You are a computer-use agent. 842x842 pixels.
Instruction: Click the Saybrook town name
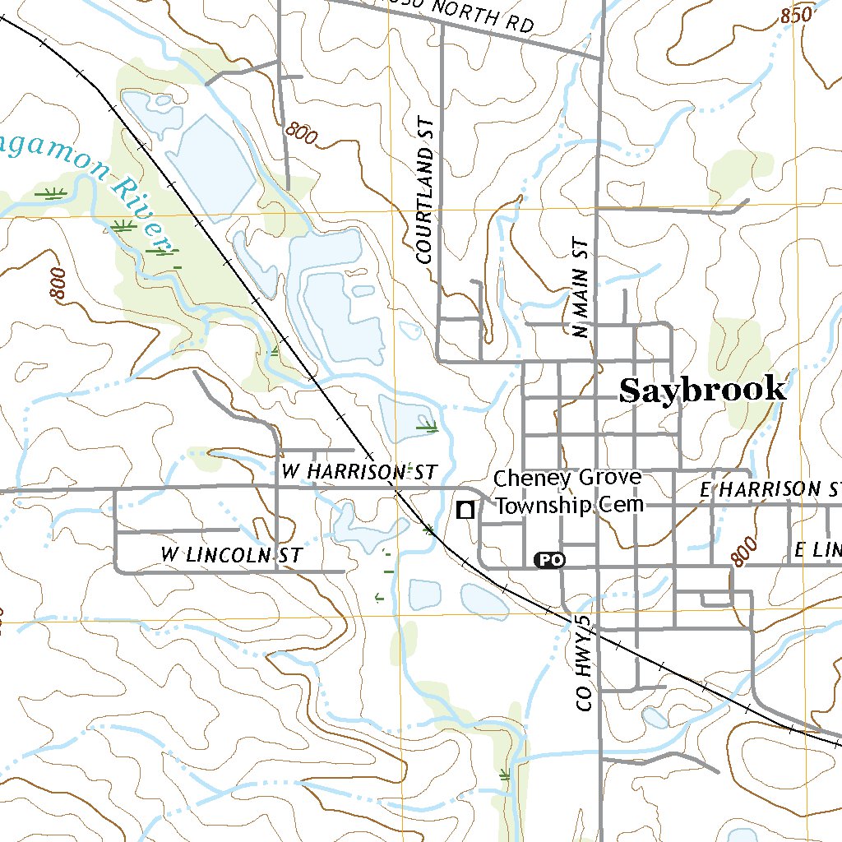click(x=702, y=390)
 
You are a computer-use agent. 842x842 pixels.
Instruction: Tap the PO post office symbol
click(x=550, y=560)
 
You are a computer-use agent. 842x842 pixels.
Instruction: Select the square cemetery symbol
click(x=465, y=510)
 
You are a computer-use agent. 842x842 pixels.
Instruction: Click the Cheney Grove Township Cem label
click(x=568, y=492)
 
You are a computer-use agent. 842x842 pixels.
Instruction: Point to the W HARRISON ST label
click(x=357, y=472)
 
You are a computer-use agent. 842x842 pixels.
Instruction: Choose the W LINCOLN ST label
click(x=231, y=555)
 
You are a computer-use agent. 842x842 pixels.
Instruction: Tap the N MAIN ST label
click(x=581, y=288)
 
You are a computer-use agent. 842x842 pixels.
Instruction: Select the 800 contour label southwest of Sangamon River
click(x=58, y=284)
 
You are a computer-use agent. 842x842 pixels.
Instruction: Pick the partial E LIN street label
click(x=817, y=550)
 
